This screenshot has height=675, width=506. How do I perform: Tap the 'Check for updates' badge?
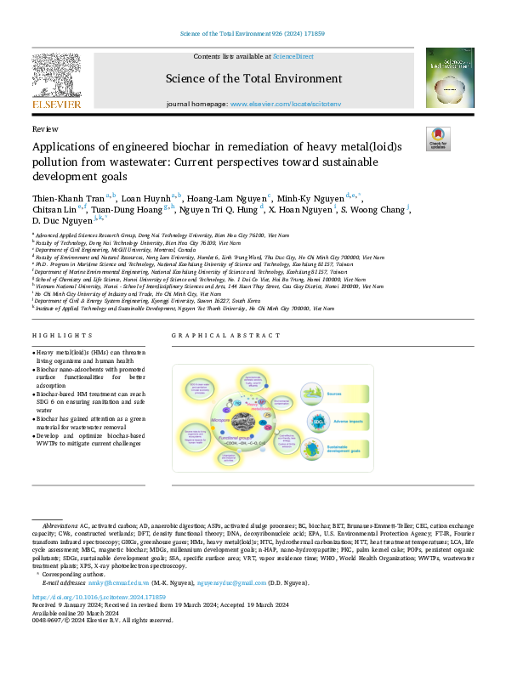(x=437, y=139)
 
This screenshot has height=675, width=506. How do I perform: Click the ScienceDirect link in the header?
(x=293, y=56)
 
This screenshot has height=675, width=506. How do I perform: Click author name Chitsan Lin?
(x=53, y=208)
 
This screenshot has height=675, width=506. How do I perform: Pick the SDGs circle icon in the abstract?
(x=317, y=422)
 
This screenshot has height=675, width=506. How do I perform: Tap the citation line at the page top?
(x=253, y=34)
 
